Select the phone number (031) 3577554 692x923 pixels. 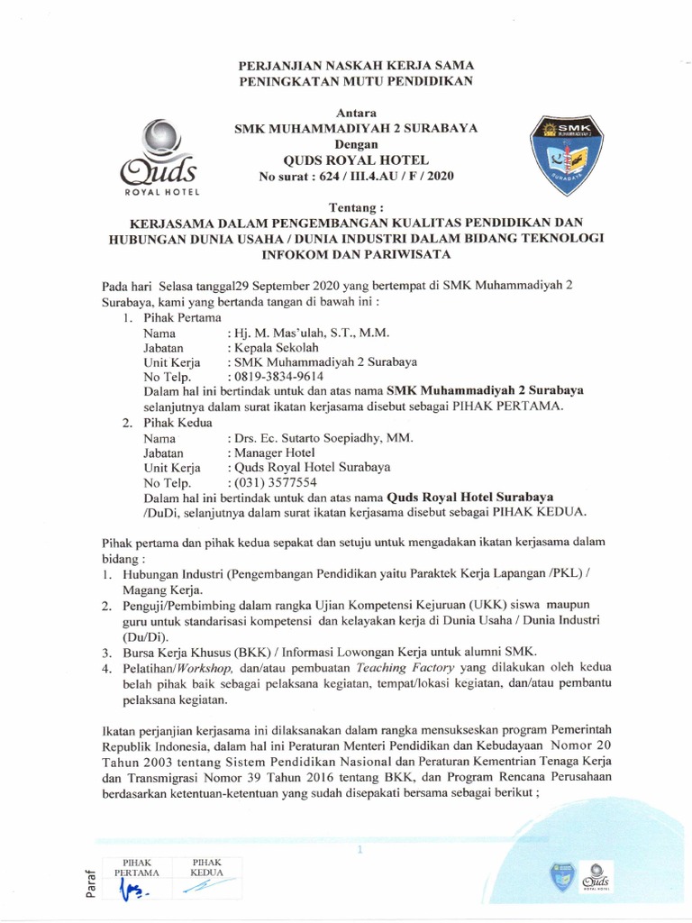[275, 482]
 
